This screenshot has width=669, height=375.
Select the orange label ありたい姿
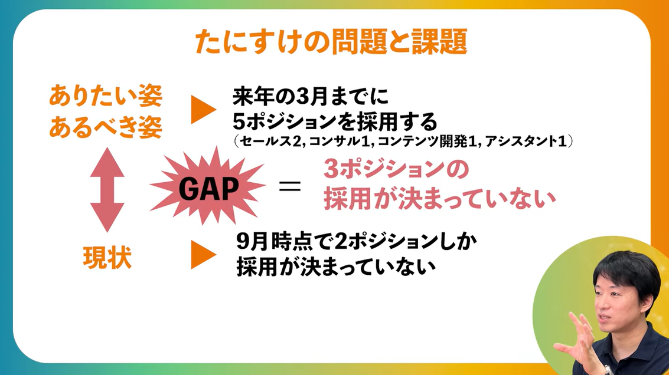(105, 94)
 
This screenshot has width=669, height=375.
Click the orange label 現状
(106, 258)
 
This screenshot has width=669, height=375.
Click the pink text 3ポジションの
(396, 171)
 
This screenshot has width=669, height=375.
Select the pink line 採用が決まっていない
(440, 199)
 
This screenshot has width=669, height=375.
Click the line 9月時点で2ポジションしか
(356, 241)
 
